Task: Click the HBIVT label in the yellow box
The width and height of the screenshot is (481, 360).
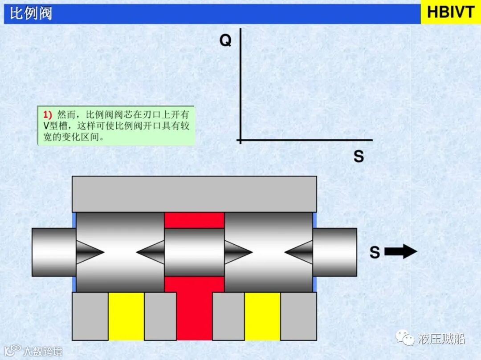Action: click(451, 12)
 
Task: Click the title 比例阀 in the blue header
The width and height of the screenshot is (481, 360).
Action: click(31, 13)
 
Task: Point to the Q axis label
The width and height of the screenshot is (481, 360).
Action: click(225, 40)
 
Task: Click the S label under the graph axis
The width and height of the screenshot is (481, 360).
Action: click(359, 156)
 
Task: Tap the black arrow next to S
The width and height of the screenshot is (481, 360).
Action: click(400, 252)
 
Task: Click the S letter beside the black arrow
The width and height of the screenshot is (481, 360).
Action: click(375, 252)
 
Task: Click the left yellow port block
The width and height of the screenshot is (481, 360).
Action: click(126, 316)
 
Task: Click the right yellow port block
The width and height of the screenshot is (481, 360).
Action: click(262, 316)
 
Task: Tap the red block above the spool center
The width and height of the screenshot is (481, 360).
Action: click(194, 220)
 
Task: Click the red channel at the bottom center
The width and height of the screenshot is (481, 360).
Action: click(194, 311)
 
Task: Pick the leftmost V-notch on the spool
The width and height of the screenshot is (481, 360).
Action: click(90, 252)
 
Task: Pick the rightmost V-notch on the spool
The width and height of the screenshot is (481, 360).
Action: click(299, 252)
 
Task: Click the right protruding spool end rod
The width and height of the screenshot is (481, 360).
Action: click(334, 252)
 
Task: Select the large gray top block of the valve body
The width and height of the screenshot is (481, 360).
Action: click(194, 194)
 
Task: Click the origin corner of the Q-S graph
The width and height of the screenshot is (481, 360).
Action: click(240, 141)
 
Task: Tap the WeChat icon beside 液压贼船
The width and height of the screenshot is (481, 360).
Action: click(407, 339)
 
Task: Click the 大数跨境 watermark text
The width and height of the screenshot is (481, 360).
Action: click(43, 351)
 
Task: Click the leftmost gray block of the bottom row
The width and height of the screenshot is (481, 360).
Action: click(90, 316)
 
